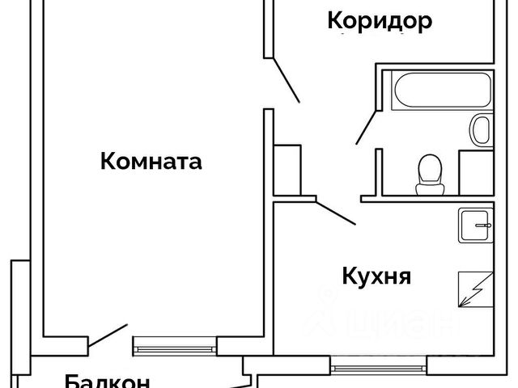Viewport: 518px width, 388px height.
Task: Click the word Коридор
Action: point(379,22)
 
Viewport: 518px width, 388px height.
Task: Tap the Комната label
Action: point(151,162)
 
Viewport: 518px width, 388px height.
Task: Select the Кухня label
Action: point(376,276)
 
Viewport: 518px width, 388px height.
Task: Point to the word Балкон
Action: point(108,381)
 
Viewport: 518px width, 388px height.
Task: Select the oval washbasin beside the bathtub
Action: point(481,130)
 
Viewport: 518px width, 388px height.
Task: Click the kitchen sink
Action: point(474,225)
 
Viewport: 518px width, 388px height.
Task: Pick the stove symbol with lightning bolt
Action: point(473,289)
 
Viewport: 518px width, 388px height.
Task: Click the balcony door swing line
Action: point(108,334)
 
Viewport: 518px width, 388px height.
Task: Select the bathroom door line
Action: point(365,128)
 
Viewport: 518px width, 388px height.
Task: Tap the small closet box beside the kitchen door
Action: point(288,169)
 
